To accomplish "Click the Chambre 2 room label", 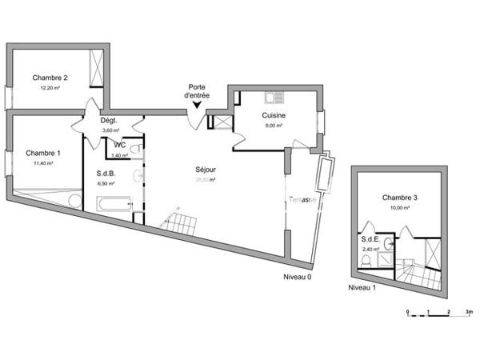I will (x=50, y=78).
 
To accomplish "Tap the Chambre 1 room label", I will (x=42, y=153).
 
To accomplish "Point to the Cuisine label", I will (x=274, y=115).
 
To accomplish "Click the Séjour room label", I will (x=206, y=169).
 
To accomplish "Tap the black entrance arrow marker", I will (x=198, y=103).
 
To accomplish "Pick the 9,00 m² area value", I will (x=274, y=126).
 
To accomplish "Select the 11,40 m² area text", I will (x=42, y=163).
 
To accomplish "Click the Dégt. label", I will (x=110, y=121).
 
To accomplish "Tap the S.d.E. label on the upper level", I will (x=370, y=239).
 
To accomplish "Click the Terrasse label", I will (x=303, y=199).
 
